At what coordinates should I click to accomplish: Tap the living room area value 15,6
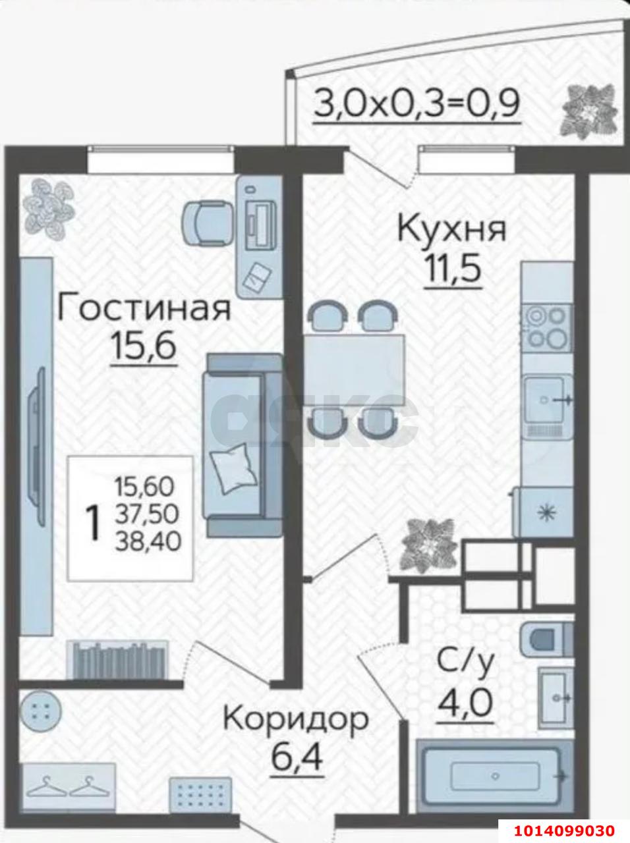point(144,346)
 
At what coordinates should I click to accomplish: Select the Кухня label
point(451,230)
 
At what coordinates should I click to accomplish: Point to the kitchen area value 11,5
point(453,269)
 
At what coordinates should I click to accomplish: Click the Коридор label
point(295,719)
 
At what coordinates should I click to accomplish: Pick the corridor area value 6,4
point(297,758)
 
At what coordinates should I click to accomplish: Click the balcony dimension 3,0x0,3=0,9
point(417,103)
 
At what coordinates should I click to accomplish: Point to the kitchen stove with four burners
point(547,327)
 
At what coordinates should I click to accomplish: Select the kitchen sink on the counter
point(546,400)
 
